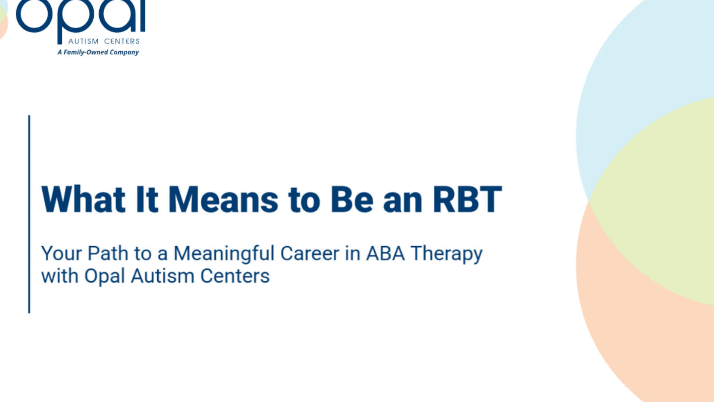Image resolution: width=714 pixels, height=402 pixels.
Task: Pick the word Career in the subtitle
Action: (x=310, y=253)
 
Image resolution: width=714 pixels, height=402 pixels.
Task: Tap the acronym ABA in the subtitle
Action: (x=385, y=253)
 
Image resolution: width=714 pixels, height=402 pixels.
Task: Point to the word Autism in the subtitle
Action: (x=163, y=276)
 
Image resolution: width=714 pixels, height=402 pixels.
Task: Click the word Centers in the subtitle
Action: (x=235, y=276)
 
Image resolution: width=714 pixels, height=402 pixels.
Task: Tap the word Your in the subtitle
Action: (x=61, y=253)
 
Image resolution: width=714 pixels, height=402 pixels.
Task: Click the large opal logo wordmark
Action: (x=80, y=17)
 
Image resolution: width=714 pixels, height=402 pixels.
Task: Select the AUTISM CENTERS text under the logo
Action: (x=104, y=41)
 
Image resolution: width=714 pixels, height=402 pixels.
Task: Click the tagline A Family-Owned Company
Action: (x=98, y=52)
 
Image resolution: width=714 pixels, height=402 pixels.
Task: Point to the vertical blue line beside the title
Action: (x=29, y=214)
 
